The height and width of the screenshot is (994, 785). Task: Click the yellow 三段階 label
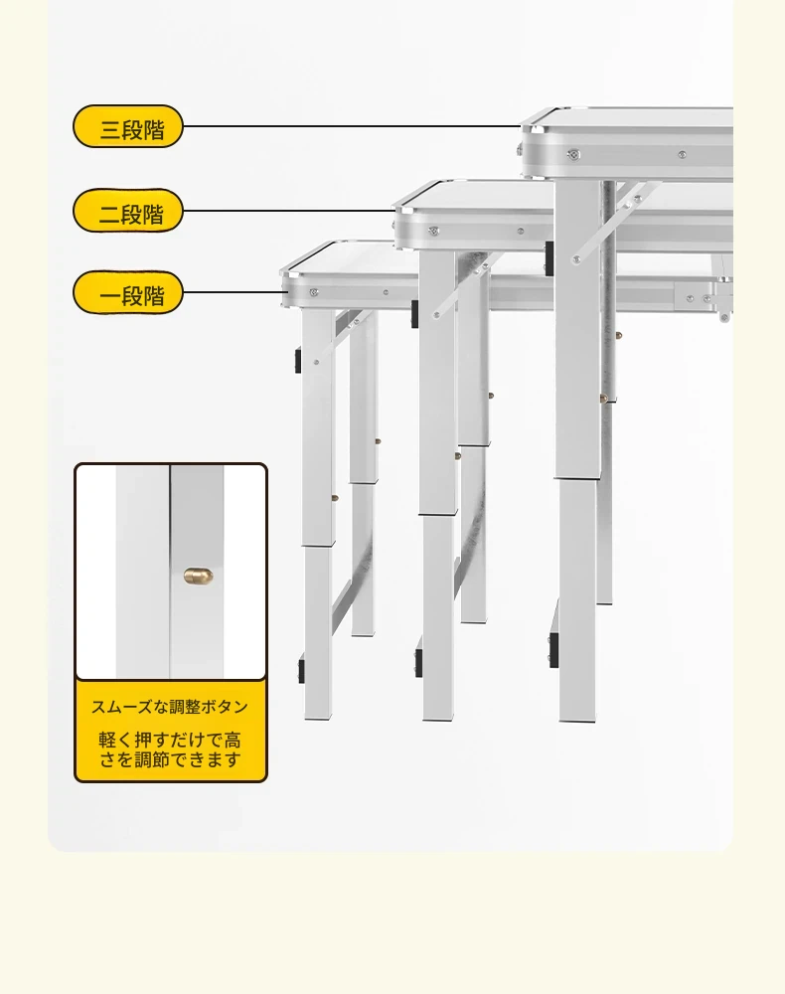click(x=128, y=127)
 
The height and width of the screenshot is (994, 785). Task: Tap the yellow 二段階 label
click(x=128, y=211)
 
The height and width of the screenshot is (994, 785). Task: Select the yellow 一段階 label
click(x=128, y=293)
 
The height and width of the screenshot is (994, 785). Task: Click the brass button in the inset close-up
click(x=199, y=576)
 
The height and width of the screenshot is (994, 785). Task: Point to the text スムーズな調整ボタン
click(x=170, y=707)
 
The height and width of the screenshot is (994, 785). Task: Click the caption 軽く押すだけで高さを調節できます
click(x=170, y=749)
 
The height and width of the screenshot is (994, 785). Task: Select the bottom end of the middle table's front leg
click(x=438, y=719)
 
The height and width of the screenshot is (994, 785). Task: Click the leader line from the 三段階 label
click(x=353, y=126)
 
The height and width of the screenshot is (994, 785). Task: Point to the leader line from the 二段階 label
click(x=289, y=211)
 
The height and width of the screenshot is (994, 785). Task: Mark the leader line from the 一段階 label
click(x=233, y=292)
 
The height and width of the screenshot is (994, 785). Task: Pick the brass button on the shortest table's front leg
click(x=335, y=498)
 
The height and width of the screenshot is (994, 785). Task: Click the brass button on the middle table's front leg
click(x=457, y=455)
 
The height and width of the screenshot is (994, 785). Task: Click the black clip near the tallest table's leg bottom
click(x=553, y=650)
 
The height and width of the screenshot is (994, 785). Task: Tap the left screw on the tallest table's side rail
click(x=574, y=154)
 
